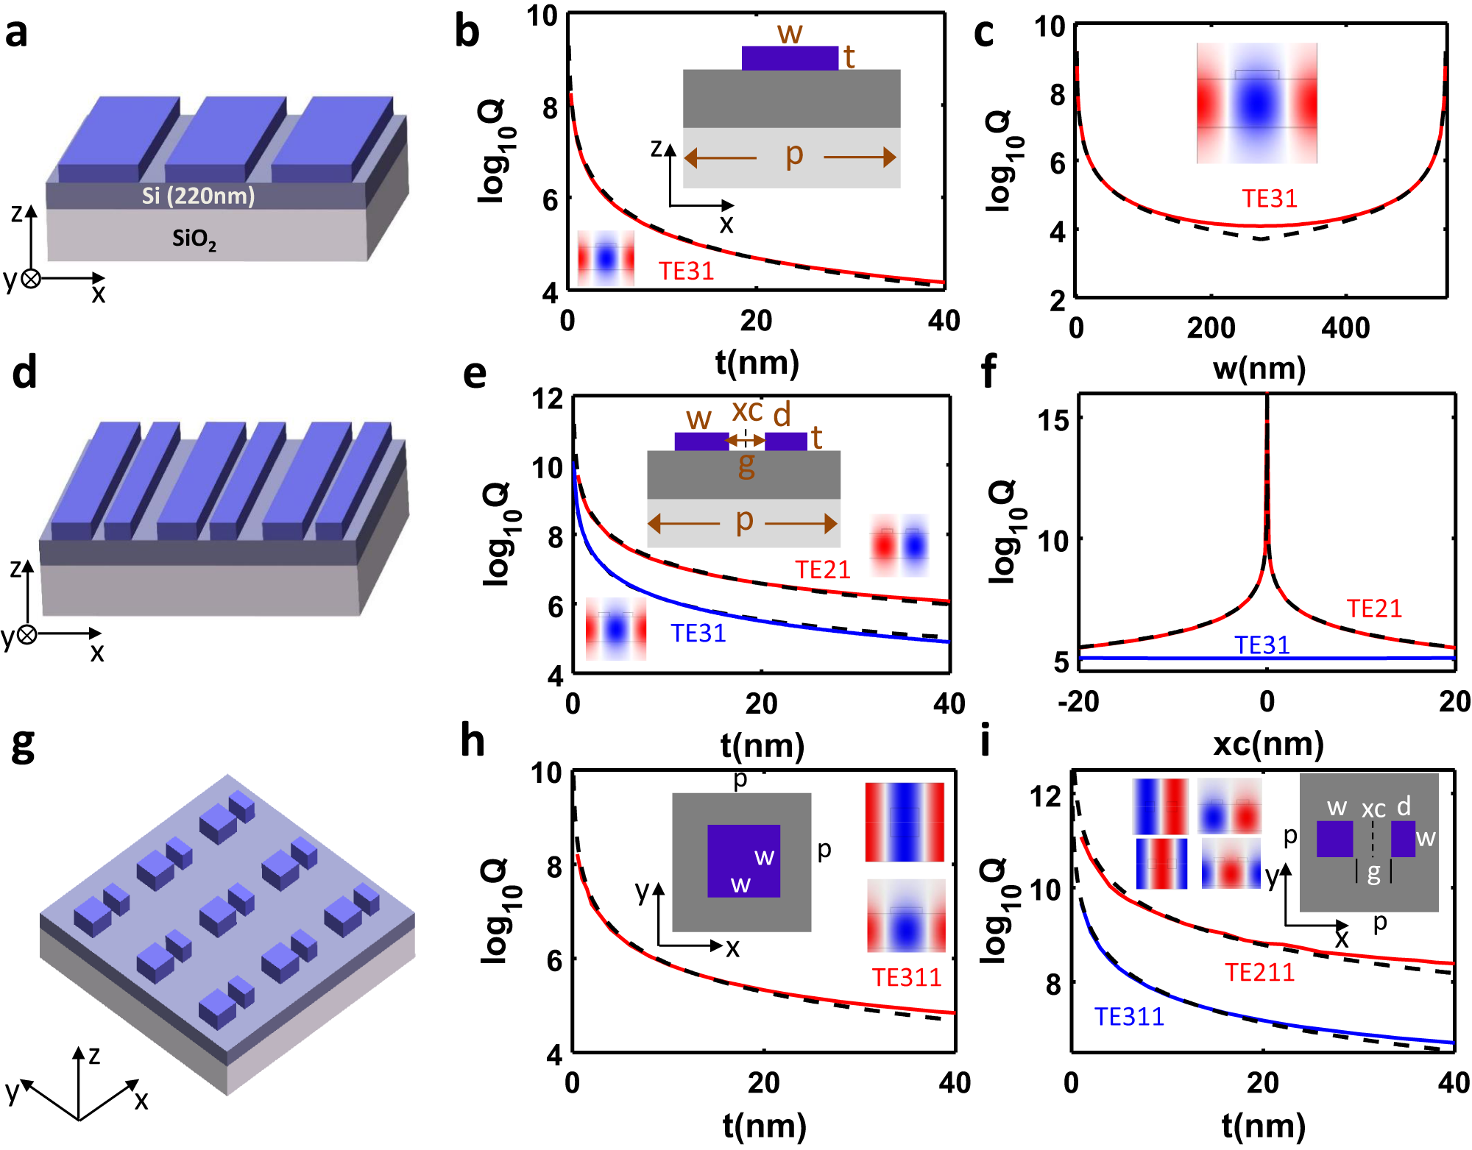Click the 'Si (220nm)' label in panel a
[x=198, y=195]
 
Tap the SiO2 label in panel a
[x=194, y=238]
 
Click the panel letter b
[x=467, y=32]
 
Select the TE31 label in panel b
[x=686, y=271]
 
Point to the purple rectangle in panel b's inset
[x=790, y=58]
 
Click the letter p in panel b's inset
[x=793, y=155]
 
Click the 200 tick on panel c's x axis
[x=1211, y=327]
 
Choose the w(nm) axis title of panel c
[x=1259, y=368]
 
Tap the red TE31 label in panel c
[x=1270, y=199]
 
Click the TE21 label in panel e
[x=822, y=569]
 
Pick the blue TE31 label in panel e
[x=698, y=633]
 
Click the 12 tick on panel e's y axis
[x=548, y=399]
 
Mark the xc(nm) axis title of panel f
[x=1268, y=744]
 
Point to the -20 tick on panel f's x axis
[x=1078, y=701]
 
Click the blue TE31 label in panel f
[x=1262, y=645]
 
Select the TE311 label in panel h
[x=907, y=977]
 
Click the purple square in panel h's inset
[x=743, y=861]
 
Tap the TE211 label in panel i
[x=1259, y=972]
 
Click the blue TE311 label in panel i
[x=1129, y=1016]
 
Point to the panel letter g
[x=23, y=745]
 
